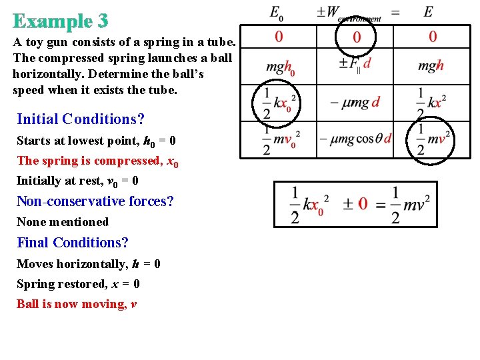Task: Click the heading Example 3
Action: coord(60,21)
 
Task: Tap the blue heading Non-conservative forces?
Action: coord(95,201)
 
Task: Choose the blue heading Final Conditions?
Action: coord(73,242)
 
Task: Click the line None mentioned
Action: coord(63,222)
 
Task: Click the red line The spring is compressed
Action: coord(97,161)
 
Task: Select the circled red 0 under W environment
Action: coord(357,37)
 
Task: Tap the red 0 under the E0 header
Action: coord(279,37)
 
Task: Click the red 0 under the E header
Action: coord(433,37)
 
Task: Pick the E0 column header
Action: coord(277,12)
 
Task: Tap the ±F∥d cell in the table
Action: coord(355,64)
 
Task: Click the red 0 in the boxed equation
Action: coord(363,205)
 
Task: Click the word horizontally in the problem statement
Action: coord(41,73)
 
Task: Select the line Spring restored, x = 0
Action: coord(78,284)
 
